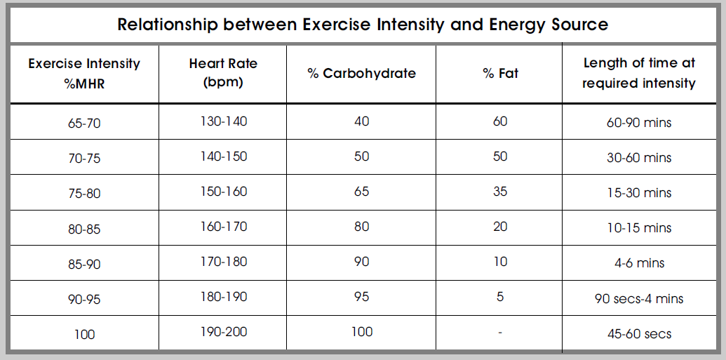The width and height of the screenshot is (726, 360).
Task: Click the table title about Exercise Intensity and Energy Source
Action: point(363,25)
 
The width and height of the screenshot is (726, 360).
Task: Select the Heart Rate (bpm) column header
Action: point(223,72)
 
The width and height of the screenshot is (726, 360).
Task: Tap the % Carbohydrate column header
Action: point(361,73)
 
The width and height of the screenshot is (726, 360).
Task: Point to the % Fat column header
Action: point(500,73)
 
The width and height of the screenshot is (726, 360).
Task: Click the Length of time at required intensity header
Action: point(639,73)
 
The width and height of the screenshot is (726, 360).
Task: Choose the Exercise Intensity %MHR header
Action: point(84,73)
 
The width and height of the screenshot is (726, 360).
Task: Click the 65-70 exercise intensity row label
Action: point(84,123)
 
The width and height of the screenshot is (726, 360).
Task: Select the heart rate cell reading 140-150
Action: point(223,156)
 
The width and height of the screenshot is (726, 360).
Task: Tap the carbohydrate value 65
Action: point(361,192)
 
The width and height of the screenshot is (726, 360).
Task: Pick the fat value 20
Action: point(500,227)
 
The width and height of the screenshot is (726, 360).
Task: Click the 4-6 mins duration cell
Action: point(639,263)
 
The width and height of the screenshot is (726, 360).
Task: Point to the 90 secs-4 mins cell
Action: point(639,298)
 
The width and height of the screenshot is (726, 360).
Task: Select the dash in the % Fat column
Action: point(500,333)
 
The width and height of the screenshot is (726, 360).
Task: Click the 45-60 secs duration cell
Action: point(639,333)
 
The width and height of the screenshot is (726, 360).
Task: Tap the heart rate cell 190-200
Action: point(223,332)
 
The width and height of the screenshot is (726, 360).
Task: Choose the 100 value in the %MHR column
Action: point(84,334)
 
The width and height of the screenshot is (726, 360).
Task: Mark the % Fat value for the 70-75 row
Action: point(500,156)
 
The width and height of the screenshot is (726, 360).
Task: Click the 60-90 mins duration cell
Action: point(639,123)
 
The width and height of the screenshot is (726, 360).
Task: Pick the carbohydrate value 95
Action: point(361,297)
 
